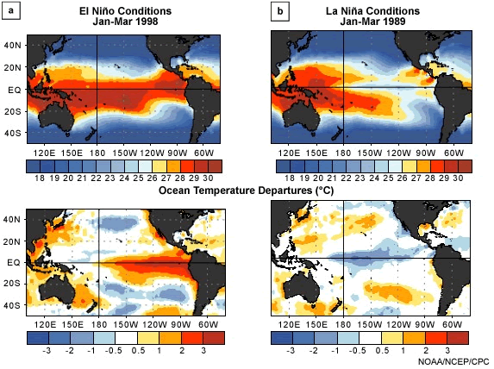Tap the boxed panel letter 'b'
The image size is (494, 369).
(x=279, y=10)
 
